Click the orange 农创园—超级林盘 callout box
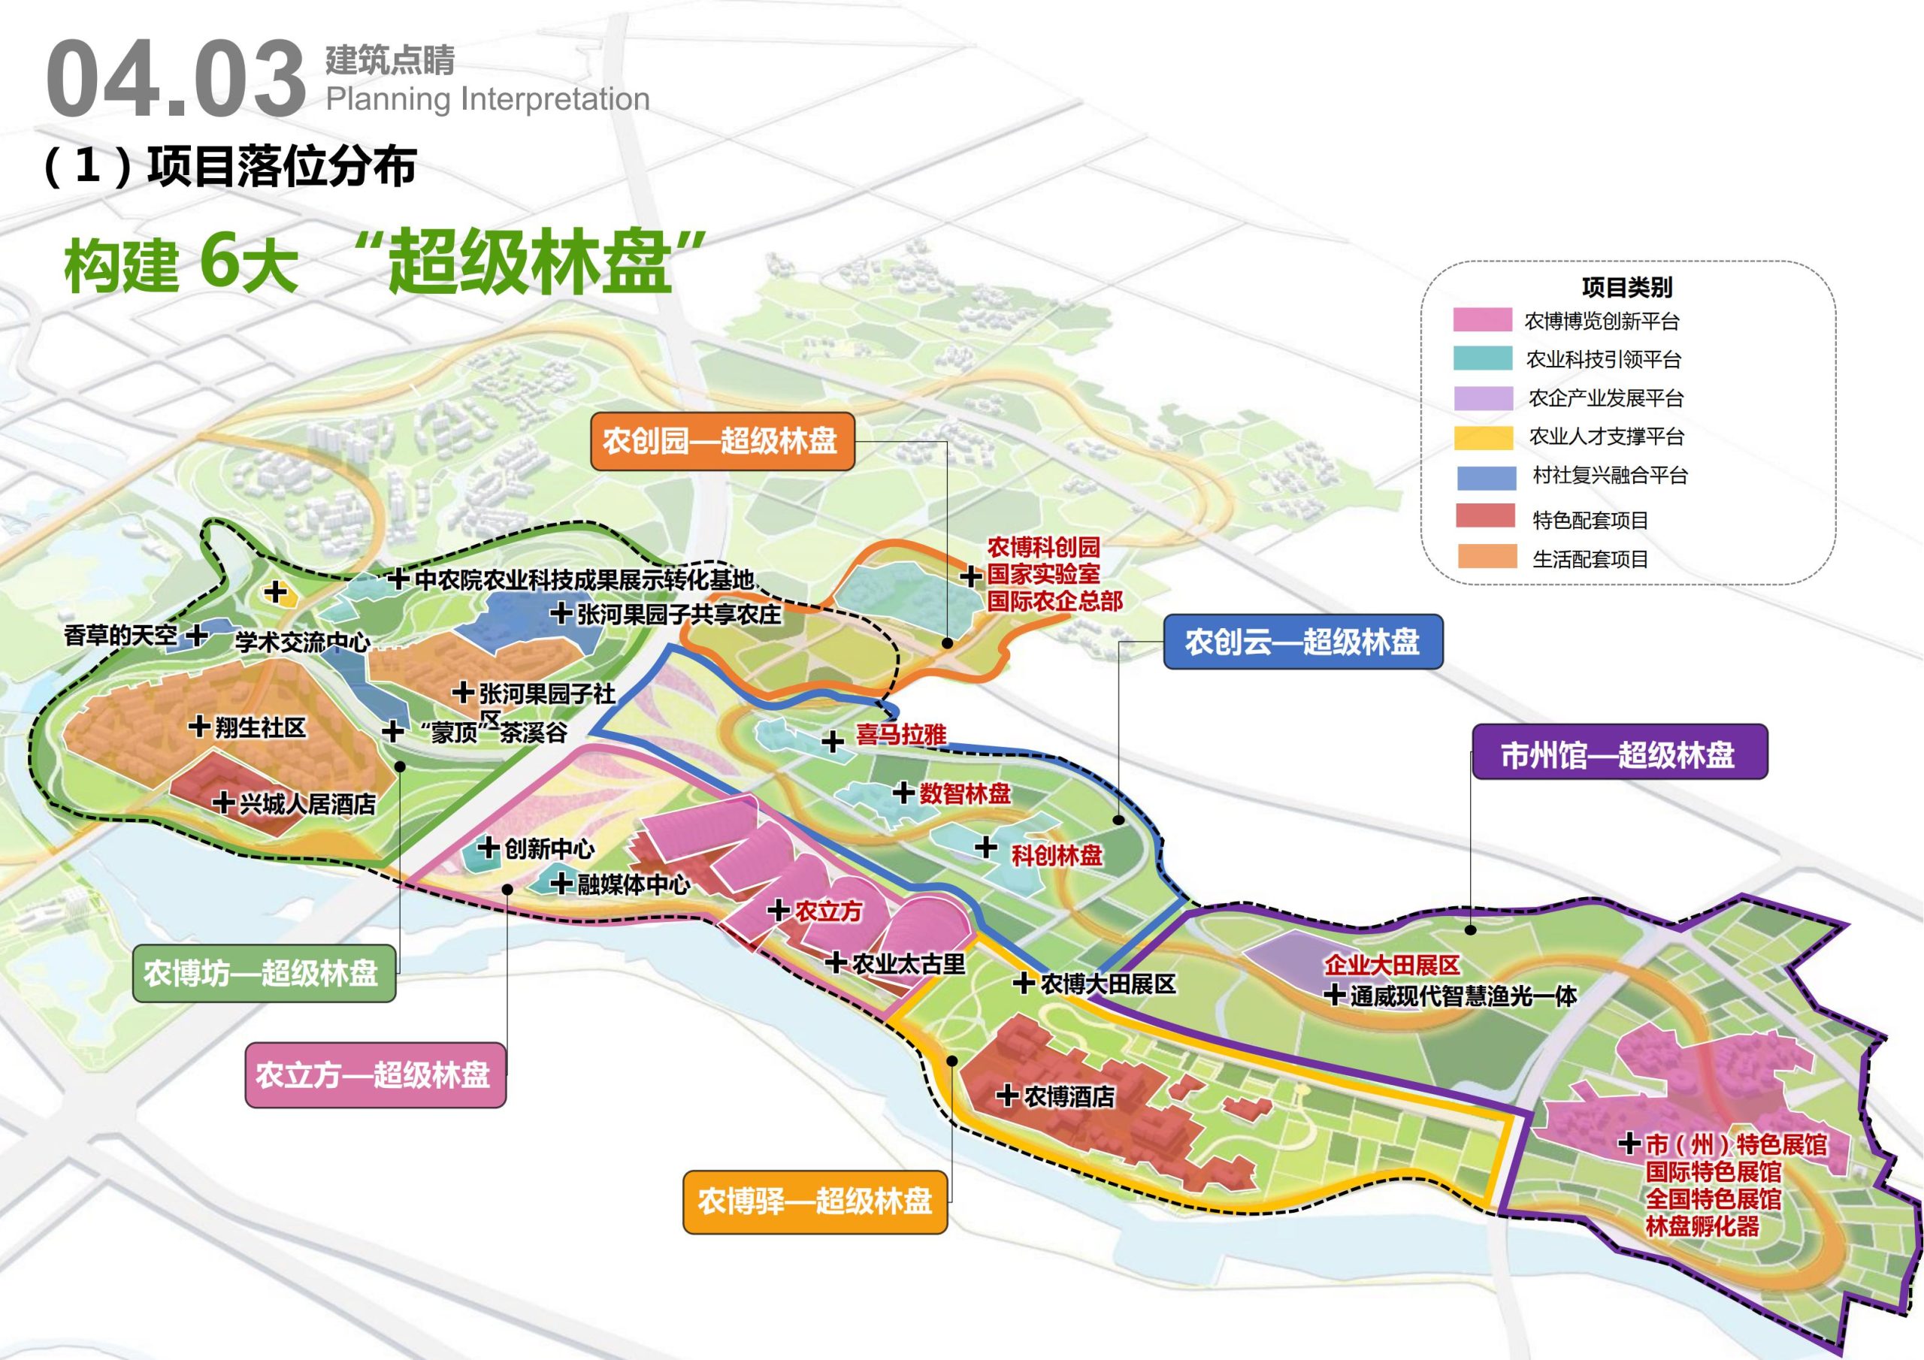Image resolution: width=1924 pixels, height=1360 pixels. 722,441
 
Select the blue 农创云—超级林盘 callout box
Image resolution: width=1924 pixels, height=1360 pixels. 1302,642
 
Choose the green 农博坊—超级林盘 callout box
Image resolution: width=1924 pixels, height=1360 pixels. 263,974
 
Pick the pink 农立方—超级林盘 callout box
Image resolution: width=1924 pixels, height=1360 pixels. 374,1075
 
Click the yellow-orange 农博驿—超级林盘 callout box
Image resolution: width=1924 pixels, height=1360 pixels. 815,1201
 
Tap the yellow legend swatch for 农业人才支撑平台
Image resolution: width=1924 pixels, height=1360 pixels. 1482,437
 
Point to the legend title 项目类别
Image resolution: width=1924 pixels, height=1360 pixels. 1626,288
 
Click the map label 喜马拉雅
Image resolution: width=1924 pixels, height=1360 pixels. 901,735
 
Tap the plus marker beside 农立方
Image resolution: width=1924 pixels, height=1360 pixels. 778,910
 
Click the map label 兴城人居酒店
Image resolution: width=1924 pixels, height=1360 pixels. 307,805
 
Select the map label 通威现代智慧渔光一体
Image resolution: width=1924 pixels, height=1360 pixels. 1463,996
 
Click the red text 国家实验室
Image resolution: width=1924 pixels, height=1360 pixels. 1042,575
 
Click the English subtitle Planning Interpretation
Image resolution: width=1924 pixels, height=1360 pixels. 488,99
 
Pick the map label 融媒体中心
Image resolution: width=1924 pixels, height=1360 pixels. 633,884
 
